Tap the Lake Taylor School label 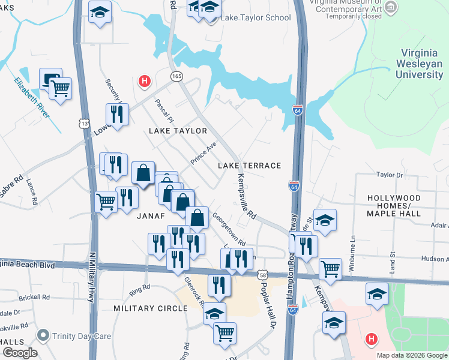pyautogui.click(x=256, y=17)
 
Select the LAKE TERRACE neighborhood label pyautogui.click(x=249, y=166)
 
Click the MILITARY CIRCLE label pyautogui.click(x=151, y=308)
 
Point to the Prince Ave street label pyautogui.click(x=203, y=154)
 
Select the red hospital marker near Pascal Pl pyautogui.click(x=144, y=80)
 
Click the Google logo pyautogui.click(x=19, y=353)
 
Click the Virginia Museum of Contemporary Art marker pyautogui.click(x=391, y=7)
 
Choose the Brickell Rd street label pyautogui.click(x=33, y=297)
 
